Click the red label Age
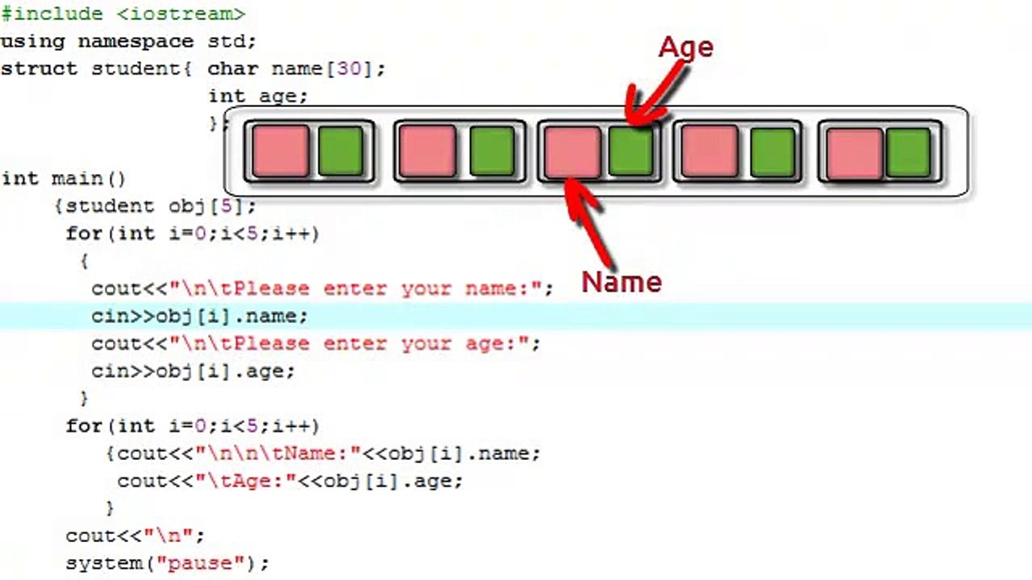tap(686, 47)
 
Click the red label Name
tap(622, 281)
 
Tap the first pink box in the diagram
tap(281, 151)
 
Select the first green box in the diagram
tap(340, 151)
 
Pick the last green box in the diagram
tap(909, 152)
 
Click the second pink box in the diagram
tap(427, 151)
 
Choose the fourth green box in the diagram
tap(772, 151)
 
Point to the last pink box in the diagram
tap(854, 152)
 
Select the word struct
tap(39, 68)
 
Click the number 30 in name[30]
tap(348, 68)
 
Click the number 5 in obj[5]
tap(227, 205)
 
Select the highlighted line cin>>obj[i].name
tap(199, 316)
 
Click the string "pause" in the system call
tap(194, 562)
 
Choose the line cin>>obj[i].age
tap(193, 371)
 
